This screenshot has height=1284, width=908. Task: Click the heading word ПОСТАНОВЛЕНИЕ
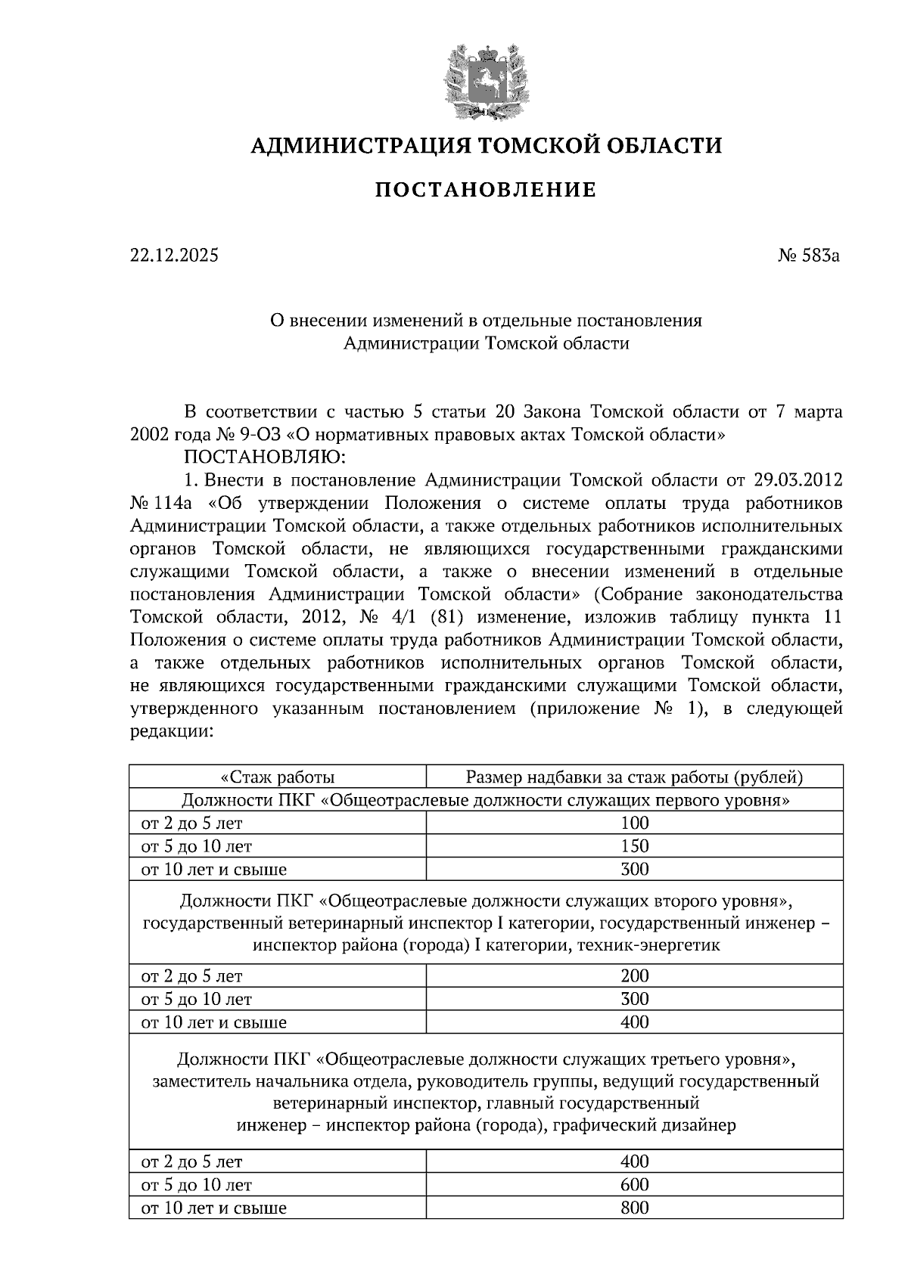[x=486, y=190]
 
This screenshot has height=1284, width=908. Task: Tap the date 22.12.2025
[x=174, y=256]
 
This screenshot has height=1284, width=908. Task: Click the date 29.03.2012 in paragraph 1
[x=798, y=480]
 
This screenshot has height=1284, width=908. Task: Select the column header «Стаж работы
[x=277, y=777]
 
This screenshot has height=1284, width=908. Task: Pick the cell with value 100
[x=634, y=823]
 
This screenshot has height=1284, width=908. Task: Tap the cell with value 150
[x=634, y=846]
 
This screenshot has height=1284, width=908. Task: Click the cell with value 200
[x=634, y=976]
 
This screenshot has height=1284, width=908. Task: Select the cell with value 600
[x=634, y=1185]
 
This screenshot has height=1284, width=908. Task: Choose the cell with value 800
[x=634, y=1208]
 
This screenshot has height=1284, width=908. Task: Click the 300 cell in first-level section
[x=634, y=870]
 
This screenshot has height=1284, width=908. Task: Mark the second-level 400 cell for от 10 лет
[x=634, y=1022]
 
